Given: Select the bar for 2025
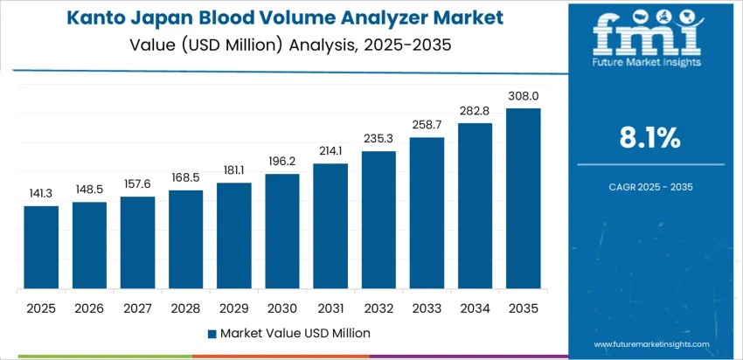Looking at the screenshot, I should (x=41, y=247).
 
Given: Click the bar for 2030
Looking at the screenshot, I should (x=282, y=232).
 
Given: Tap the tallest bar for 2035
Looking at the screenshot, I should (x=523, y=198).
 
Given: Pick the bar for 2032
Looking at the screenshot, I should (x=378, y=220).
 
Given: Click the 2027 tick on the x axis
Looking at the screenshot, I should (x=137, y=308).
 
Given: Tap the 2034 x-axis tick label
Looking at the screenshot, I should (x=475, y=308).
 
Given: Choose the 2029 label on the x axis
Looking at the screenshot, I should (x=234, y=308).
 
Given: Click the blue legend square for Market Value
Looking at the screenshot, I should (x=212, y=333).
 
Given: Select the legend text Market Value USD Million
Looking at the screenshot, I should (x=295, y=333).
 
